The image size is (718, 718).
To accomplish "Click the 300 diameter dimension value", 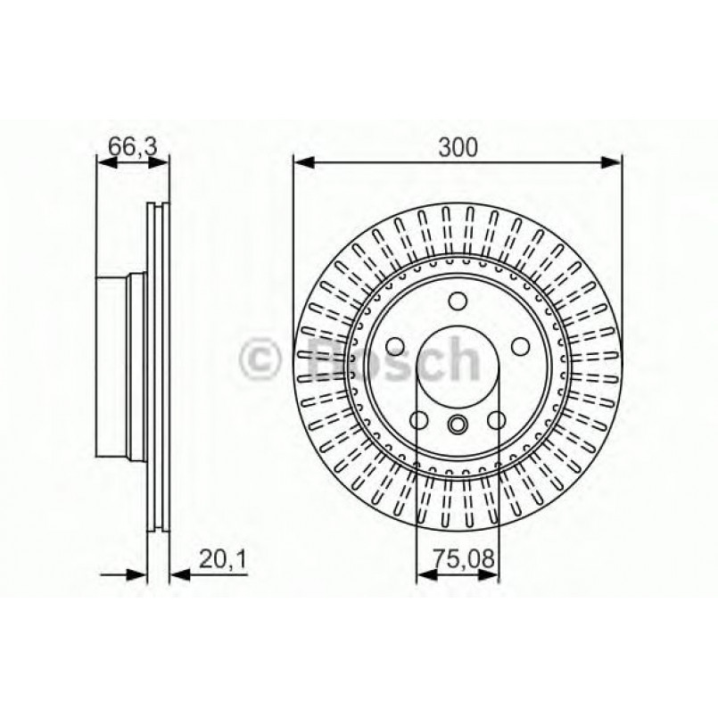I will point(457,145).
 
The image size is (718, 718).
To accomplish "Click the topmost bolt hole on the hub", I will point(458,301).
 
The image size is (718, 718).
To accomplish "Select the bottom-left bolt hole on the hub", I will point(419,420).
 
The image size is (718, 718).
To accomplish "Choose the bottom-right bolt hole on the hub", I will point(497,420).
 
